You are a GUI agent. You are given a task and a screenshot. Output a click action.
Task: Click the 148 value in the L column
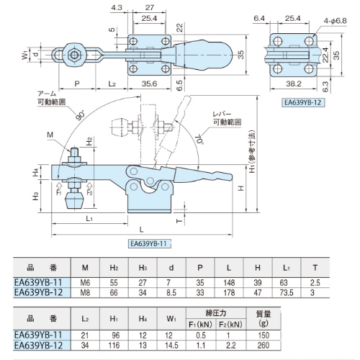[x=229, y=282]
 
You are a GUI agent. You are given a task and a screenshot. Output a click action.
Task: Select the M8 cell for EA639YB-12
[x=85, y=293]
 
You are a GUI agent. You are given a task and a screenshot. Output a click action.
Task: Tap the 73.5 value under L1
[x=287, y=293]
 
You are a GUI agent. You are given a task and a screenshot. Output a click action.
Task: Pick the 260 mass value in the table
[x=264, y=346]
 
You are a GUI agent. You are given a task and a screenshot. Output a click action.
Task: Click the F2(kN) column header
[x=230, y=325]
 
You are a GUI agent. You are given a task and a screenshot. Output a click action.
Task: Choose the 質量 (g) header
[x=264, y=318]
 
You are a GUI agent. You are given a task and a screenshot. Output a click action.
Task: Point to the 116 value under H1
[x=114, y=346]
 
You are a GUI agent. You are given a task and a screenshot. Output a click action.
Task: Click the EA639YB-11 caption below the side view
[x=148, y=243]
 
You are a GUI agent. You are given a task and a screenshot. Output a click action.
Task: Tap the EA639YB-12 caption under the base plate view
[x=302, y=102]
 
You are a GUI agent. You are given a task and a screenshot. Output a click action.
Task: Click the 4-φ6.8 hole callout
[x=335, y=21]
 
